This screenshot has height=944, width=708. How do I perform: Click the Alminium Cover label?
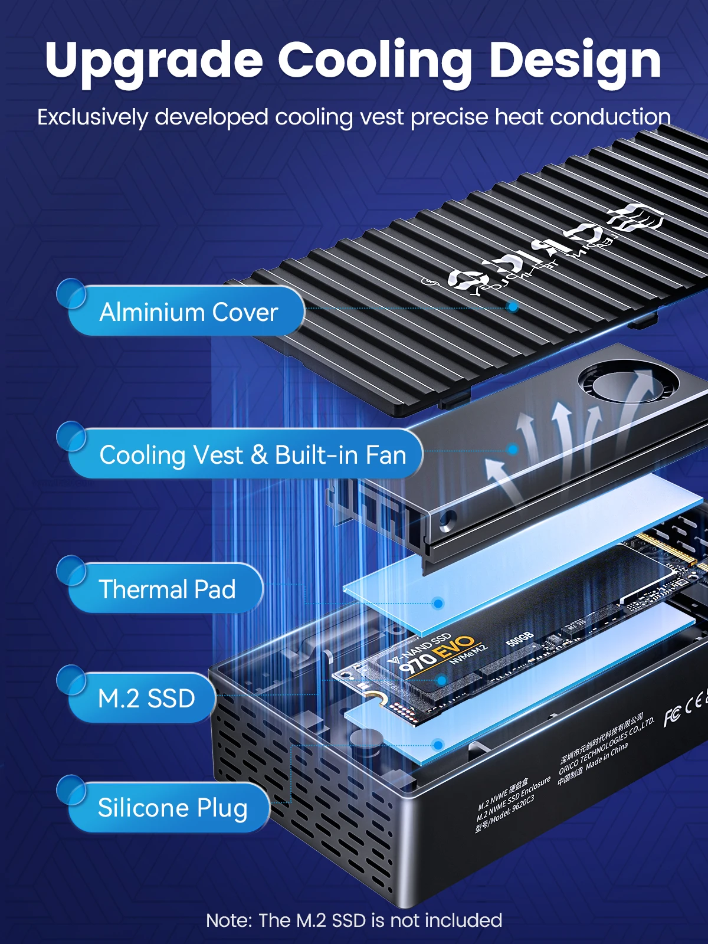[x=188, y=312]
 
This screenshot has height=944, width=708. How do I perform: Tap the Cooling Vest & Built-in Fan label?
[x=252, y=455]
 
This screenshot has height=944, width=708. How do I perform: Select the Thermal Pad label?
[x=167, y=589]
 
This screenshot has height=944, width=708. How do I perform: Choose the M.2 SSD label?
[x=146, y=699]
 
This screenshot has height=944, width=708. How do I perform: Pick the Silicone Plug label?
[x=172, y=808]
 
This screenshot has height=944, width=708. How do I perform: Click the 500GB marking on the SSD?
[x=520, y=638]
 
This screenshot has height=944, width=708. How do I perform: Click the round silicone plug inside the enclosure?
[x=366, y=740]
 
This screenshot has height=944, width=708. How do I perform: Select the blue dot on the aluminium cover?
[x=513, y=307]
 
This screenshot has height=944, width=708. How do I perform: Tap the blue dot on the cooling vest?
[x=513, y=450]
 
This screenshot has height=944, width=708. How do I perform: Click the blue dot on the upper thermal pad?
[x=438, y=603]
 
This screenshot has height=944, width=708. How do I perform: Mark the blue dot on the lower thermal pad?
[x=438, y=745]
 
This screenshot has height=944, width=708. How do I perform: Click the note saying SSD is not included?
[x=354, y=920]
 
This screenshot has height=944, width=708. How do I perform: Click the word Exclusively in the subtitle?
[x=92, y=117]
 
